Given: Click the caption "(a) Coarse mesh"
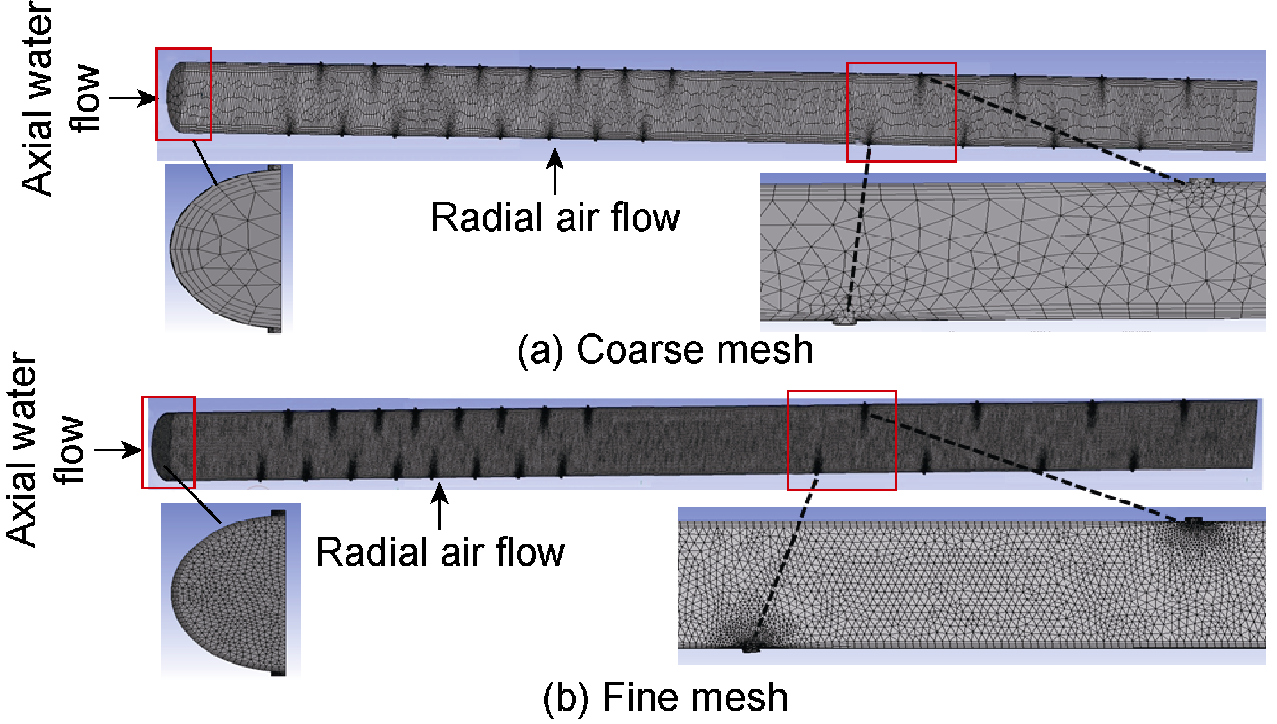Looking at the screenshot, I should coord(665,350).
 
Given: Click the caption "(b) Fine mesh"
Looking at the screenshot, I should coord(665,697).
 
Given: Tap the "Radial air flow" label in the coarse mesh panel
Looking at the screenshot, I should coord(555,217).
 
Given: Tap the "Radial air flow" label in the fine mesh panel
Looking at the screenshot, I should coord(440,552).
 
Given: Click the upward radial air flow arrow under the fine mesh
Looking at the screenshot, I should coord(440,506).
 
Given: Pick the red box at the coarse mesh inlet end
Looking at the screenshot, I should coord(183,94).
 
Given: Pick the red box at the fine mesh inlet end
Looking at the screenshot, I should coord(168,442).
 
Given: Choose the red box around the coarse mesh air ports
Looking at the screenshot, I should coord(901,112).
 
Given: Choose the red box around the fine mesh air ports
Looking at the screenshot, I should coord(841,441).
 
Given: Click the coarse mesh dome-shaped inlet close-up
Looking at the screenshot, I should coord(228,248).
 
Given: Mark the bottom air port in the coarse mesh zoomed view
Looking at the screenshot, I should coord(845,319).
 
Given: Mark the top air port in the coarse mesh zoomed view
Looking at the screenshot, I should coord(1200,182).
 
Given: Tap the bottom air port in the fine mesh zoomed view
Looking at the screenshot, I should coord(751,647).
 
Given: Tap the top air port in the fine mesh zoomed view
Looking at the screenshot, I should coord(1193,519).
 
